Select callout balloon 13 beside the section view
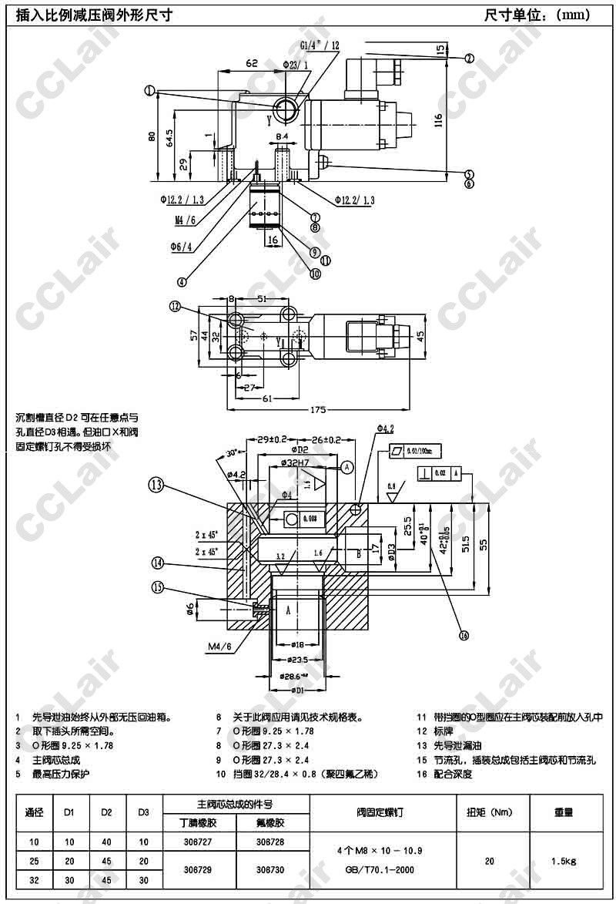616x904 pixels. (x=157, y=485)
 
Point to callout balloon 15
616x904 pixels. (x=159, y=587)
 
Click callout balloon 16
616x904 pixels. (x=464, y=636)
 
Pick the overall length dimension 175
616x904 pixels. (x=317, y=410)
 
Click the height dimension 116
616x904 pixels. (x=438, y=120)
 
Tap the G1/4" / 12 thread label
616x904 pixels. (x=320, y=45)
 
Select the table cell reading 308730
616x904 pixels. (x=270, y=868)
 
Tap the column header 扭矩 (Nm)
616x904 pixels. (x=490, y=812)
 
